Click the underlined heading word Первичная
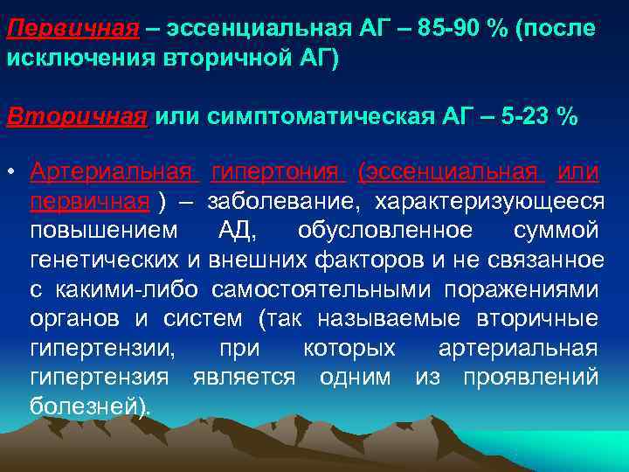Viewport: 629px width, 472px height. pyautogui.click(x=73, y=29)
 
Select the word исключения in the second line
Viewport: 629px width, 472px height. pyautogui.click(x=73, y=59)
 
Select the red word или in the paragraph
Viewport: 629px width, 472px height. pyautogui.click(x=577, y=172)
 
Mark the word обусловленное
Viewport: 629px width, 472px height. pyautogui.click(x=384, y=232)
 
